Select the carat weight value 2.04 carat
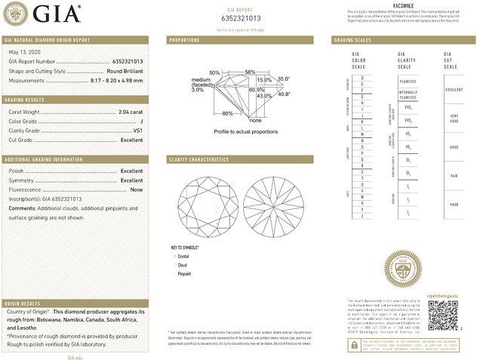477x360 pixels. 131,112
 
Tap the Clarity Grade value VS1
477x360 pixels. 137,131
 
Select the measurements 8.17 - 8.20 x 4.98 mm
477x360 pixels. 115,78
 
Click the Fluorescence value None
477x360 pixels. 137,189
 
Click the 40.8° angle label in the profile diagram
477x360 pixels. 285,94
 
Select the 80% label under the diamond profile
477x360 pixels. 228,113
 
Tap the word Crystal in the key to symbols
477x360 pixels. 183,257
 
